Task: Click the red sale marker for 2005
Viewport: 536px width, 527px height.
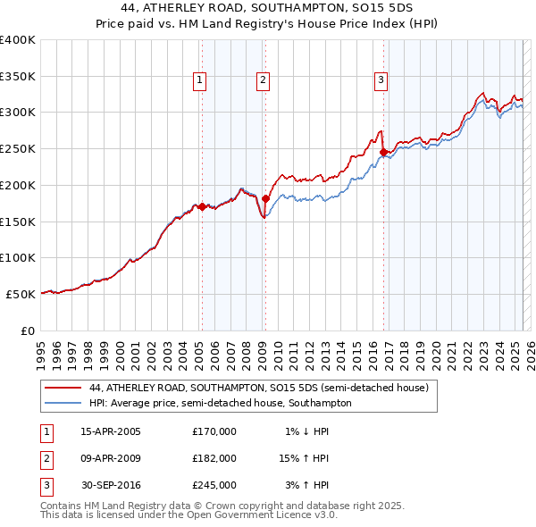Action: click(x=202, y=206)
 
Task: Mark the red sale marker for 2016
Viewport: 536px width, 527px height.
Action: click(x=384, y=152)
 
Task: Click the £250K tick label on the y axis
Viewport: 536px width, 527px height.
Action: click(x=18, y=148)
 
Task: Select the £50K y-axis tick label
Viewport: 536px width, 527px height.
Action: click(x=21, y=294)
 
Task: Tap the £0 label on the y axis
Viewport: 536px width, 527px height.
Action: click(x=28, y=330)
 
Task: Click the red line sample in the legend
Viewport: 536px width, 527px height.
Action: click(x=62, y=389)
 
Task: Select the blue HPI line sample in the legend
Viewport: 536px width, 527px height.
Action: click(x=62, y=404)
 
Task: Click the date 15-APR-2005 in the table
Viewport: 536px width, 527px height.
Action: click(x=111, y=431)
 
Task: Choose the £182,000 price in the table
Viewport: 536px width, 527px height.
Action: click(x=214, y=458)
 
